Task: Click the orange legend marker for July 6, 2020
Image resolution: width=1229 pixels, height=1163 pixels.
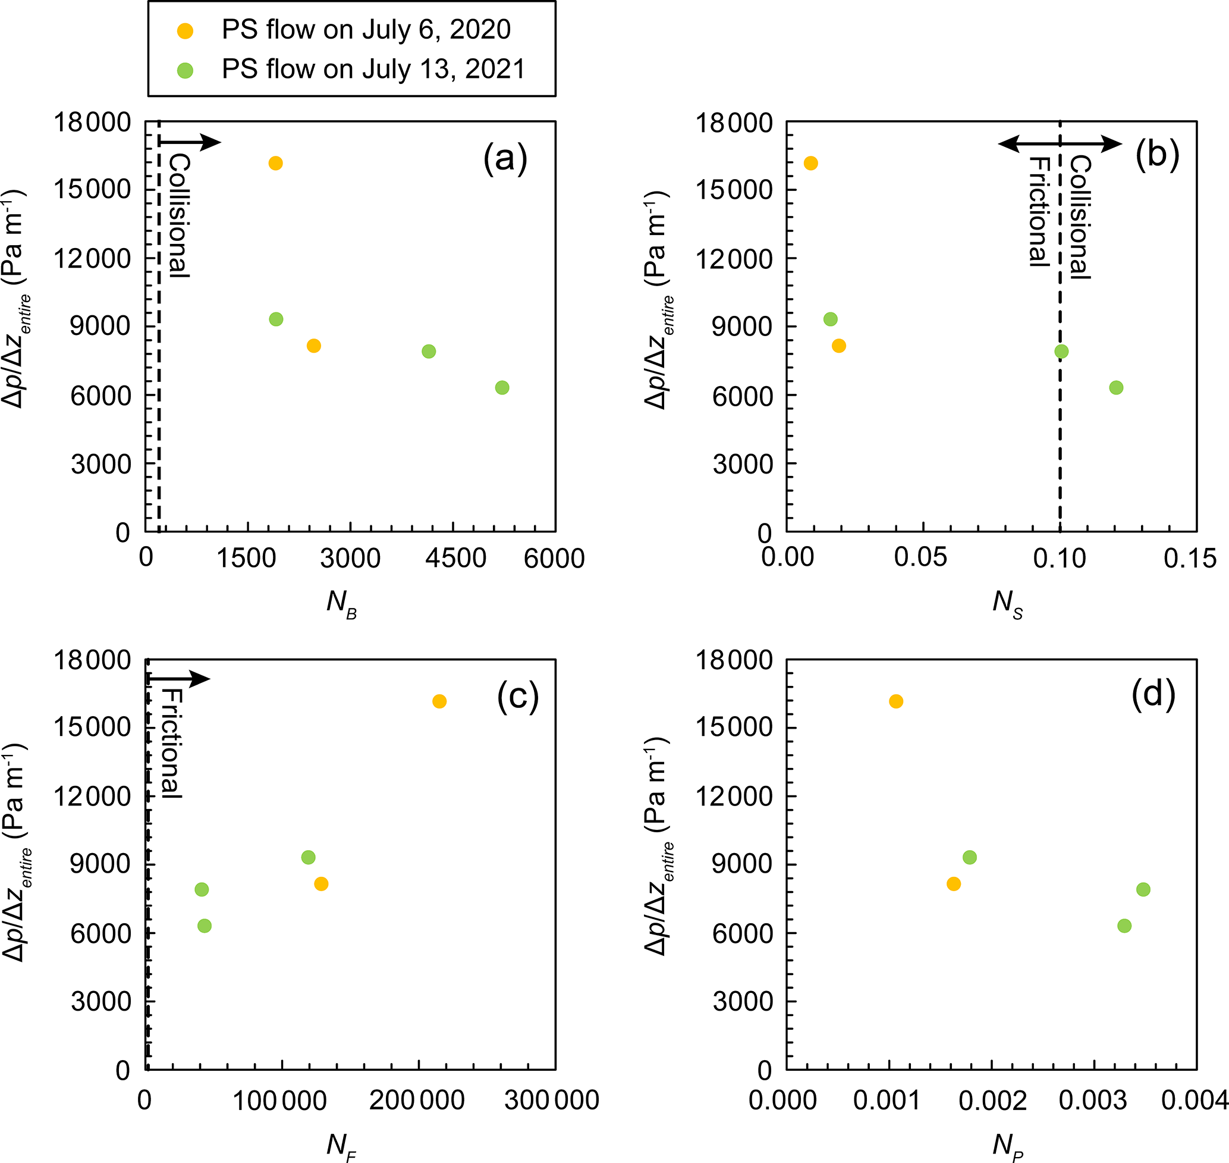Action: point(184,31)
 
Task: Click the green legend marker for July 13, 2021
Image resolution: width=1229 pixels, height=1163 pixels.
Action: point(184,71)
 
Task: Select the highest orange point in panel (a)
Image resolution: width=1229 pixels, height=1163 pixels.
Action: point(276,163)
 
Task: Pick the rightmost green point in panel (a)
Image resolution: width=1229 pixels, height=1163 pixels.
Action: point(502,387)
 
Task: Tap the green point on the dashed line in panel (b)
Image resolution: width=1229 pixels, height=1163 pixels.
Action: point(1061,352)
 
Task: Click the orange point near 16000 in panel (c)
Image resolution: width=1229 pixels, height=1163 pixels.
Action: point(439,701)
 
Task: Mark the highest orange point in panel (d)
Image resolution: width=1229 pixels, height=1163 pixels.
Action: point(895,701)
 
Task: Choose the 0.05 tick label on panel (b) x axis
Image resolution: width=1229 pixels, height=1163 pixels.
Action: point(920,558)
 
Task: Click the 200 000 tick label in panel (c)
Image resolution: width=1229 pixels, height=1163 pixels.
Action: point(417,1101)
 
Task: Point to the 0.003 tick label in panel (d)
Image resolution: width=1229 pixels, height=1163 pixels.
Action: point(1093,1101)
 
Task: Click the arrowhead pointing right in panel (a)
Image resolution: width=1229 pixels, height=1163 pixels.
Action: point(212,142)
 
